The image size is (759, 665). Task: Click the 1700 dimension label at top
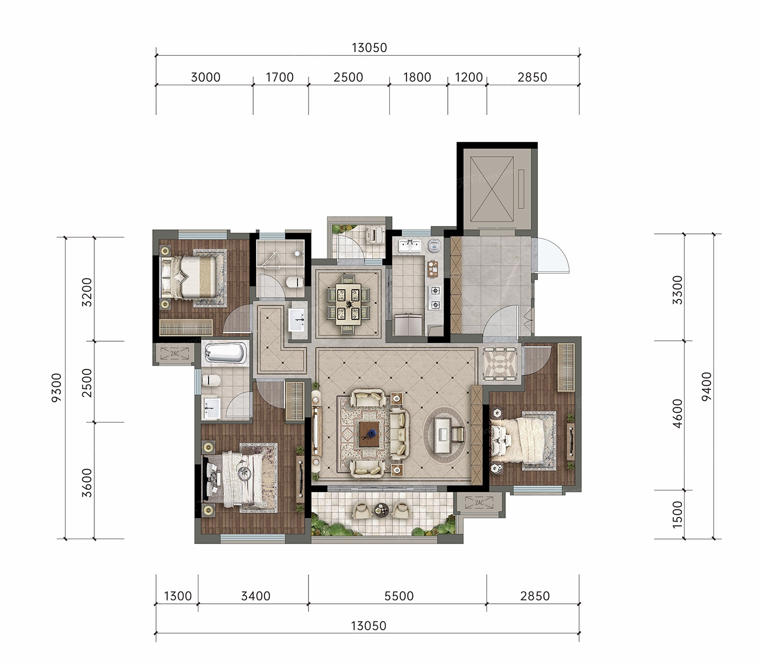[x=280, y=77]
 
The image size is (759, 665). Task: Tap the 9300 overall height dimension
[x=56, y=388]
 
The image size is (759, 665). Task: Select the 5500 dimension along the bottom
[x=399, y=596]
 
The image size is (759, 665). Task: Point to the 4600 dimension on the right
[x=677, y=413]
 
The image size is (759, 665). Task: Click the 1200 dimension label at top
[x=469, y=77]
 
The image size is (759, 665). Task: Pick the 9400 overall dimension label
[x=707, y=386]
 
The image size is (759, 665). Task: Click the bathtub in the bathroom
[x=226, y=352]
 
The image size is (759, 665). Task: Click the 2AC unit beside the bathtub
[x=175, y=353]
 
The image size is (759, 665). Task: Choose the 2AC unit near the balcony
[x=479, y=502]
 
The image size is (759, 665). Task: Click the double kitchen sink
[x=409, y=246]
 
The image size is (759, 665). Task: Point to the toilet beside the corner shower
[x=295, y=282]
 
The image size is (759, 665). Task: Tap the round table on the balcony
[x=381, y=509]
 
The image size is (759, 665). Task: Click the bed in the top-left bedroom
[x=188, y=277]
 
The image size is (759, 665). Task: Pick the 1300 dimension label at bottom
[x=178, y=596]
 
